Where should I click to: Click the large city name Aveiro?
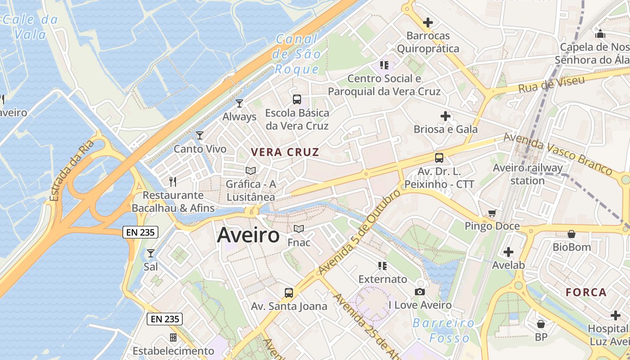[248, 235]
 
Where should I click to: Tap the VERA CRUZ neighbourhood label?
[285, 152]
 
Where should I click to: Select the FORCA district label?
[586, 292]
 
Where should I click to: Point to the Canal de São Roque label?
[297, 54]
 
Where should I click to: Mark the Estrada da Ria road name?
[72, 170]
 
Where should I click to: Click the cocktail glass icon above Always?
[239, 103]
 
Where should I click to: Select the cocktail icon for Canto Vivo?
[200, 135]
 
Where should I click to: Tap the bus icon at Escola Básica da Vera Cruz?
[297, 99]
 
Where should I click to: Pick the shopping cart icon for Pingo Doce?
[492, 213]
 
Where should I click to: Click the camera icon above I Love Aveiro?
[420, 292]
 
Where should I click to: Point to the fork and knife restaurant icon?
[173, 181]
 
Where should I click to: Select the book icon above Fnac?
[299, 229]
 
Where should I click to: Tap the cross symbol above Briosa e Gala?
[445, 116]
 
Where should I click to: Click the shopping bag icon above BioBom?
[571, 234]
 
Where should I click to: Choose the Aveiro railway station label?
[527, 174]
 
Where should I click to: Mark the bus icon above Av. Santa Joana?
[289, 293]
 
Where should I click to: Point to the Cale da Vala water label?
[31, 27]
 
